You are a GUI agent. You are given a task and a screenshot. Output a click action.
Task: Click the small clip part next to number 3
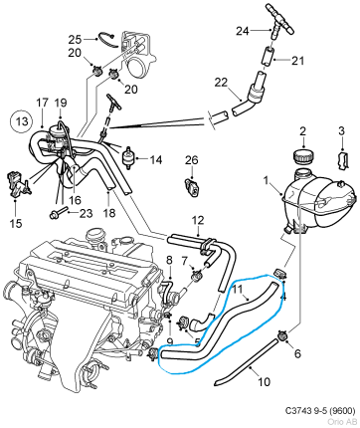point(341,161)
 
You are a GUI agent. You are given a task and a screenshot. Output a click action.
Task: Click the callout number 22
point(222,82)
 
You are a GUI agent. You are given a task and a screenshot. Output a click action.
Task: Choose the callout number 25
point(75,39)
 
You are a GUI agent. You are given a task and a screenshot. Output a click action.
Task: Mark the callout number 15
point(15,197)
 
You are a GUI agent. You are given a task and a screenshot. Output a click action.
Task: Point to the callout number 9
point(169,342)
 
